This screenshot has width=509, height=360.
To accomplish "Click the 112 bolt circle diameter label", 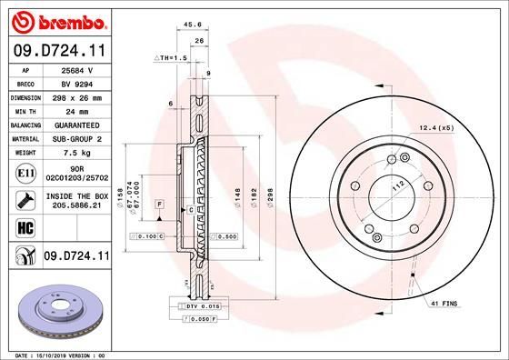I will click(396, 185).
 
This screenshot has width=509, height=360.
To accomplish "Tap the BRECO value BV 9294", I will click(73, 82).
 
